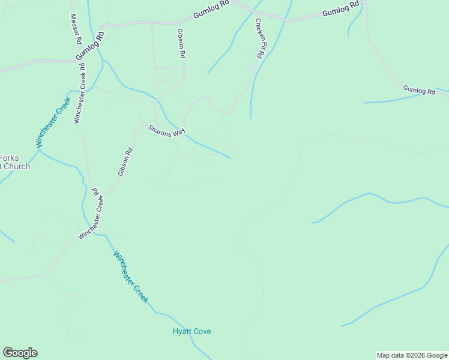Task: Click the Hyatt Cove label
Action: point(191,331)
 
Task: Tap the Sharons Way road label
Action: point(167,130)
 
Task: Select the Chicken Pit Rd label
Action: point(259,38)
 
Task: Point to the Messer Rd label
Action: point(76,29)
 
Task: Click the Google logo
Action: point(20,353)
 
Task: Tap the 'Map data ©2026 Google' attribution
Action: point(412,355)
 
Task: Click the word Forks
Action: point(10,158)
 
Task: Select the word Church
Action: point(16,166)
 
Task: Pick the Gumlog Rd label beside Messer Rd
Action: point(91,46)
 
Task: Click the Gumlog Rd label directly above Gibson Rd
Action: point(211,12)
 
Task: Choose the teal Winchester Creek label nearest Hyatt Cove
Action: point(130,277)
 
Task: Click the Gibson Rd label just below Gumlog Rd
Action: point(181,43)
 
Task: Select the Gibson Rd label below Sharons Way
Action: point(125,162)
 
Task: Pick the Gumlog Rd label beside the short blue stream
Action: point(419,90)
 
